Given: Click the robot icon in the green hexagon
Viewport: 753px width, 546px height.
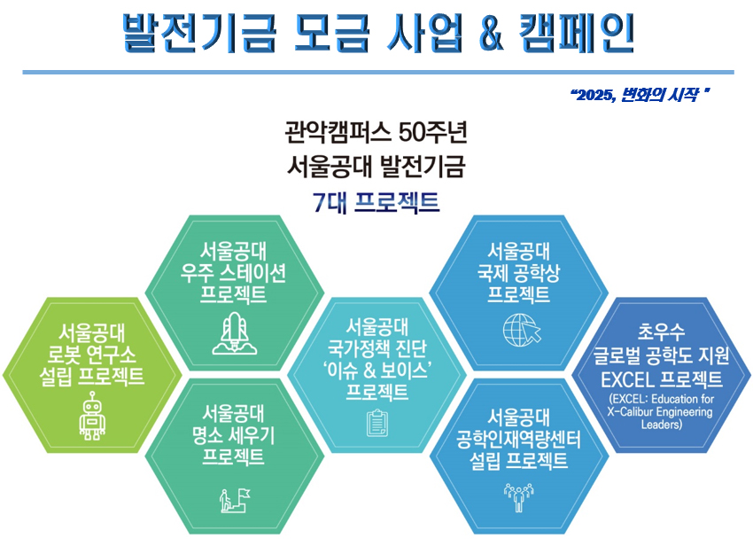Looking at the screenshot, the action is click(x=93, y=416).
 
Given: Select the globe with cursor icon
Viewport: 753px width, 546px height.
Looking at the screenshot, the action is click(x=522, y=330).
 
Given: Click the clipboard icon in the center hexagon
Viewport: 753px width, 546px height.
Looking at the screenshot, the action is click(x=377, y=423).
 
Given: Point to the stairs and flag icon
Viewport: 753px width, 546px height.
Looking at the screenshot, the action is click(x=235, y=500).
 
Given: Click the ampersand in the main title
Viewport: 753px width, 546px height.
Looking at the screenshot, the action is click(x=491, y=33).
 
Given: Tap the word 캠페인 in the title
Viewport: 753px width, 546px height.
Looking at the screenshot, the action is click(x=577, y=33).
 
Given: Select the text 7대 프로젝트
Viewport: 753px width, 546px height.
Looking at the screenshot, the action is click(x=376, y=202).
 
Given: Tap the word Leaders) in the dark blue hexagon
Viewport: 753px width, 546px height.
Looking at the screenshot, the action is click(x=661, y=425).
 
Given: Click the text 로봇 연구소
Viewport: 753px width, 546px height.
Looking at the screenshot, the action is click(x=91, y=355).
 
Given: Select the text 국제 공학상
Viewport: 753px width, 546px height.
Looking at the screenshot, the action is click(x=518, y=273).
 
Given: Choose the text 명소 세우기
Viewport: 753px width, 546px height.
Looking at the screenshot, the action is click(x=233, y=435).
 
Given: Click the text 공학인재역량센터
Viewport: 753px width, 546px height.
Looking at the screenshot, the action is click(x=518, y=440).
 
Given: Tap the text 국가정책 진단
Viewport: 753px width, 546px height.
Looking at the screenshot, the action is click(x=377, y=348).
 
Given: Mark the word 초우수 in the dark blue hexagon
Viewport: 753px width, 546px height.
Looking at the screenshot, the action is click(x=661, y=331).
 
